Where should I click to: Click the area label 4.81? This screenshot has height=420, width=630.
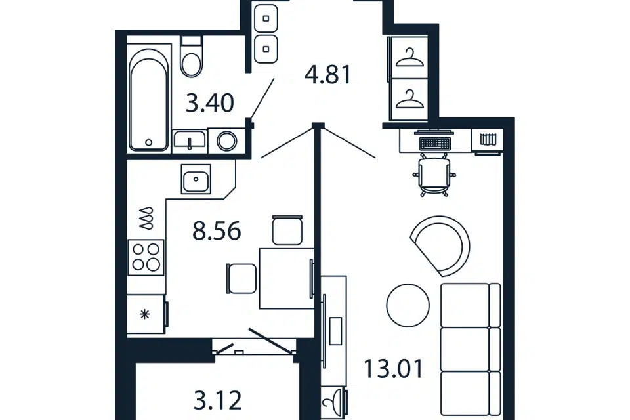click(x=328, y=75)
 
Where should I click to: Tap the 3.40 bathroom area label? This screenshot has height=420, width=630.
click(x=210, y=103)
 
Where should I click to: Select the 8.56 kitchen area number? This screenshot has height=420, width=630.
click(x=217, y=231)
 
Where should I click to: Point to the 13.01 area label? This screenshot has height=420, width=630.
click(x=393, y=369)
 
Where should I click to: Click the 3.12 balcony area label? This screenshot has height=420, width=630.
click(x=218, y=400)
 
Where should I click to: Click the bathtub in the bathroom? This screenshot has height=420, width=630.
click(x=149, y=99)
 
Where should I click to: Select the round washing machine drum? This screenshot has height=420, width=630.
click(x=227, y=140)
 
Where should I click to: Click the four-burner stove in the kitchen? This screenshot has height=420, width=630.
click(x=146, y=257)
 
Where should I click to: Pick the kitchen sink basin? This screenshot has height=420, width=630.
click(x=196, y=179)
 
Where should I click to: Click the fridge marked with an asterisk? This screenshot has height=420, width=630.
click(x=146, y=314)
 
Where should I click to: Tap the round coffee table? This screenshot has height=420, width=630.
click(x=408, y=305)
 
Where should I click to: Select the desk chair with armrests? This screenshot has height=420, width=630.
click(x=434, y=175)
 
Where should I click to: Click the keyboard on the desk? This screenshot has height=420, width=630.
click(x=434, y=143)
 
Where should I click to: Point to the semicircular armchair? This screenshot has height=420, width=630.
click(x=441, y=246)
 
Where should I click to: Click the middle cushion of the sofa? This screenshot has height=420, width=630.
click(x=471, y=349)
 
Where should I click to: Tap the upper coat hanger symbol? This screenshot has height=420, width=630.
click(x=409, y=58)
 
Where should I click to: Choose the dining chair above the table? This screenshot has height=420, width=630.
click(x=287, y=230)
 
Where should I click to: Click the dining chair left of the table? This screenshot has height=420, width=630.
click(x=241, y=278)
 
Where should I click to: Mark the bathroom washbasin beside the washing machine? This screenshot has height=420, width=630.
click(x=190, y=140)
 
